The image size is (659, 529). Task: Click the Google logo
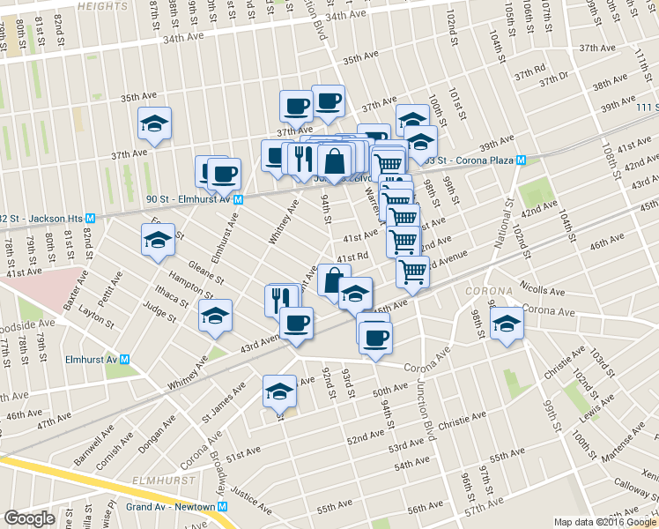(x=30, y=518)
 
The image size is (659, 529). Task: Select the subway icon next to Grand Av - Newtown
(x=223, y=507)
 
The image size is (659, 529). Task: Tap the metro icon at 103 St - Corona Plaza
(x=521, y=160)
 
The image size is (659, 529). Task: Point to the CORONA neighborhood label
(x=485, y=291)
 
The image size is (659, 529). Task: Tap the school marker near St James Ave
(x=280, y=391)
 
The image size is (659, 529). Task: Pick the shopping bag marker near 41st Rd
(x=334, y=280)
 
